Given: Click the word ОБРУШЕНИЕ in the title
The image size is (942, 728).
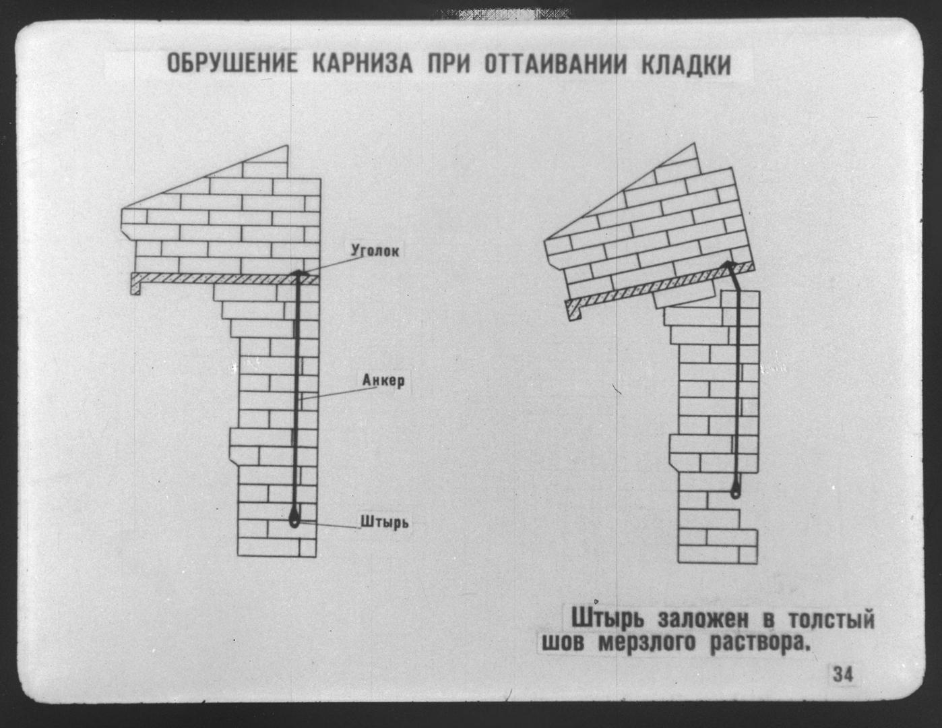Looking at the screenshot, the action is [x=232, y=65].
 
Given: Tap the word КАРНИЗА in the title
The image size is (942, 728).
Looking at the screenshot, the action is [x=363, y=65].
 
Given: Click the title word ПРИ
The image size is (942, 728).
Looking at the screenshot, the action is [x=449, y=65].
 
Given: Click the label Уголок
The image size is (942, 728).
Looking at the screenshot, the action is [x=375, y=251].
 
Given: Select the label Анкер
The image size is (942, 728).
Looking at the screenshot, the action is [x=383, y=380].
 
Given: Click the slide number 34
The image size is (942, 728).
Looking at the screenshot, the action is [x=843, y=675].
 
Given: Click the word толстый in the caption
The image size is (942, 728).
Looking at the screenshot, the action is [x=831, y=619].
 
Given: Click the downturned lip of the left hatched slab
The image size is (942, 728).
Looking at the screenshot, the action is [x=135, y=286].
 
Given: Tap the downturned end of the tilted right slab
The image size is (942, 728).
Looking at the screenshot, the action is [x=574, y=311].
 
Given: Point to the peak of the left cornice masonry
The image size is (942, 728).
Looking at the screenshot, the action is [x=286, y=146].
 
